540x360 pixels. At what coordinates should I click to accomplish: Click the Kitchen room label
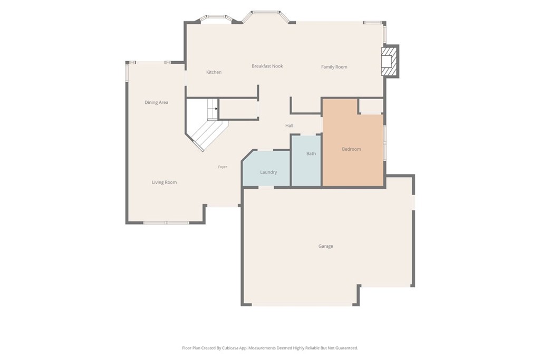pos(214,72)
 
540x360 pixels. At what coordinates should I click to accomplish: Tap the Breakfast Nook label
pos(267,66)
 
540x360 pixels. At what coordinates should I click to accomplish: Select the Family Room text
pos(334,67)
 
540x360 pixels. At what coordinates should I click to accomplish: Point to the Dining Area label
pos(156,102)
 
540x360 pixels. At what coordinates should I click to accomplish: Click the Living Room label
pos(165,182)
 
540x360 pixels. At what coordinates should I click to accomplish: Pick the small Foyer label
pos(223,167)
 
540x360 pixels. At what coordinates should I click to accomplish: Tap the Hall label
pos(290,125)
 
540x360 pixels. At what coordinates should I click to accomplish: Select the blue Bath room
pos(306,160)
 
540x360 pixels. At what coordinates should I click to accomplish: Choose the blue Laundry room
pos(266,169)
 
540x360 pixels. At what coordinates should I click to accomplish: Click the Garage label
pos(326,246)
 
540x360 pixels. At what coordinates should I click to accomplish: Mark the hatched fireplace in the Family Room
pos(390,61)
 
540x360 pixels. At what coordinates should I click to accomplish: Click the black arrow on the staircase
pos(216,109)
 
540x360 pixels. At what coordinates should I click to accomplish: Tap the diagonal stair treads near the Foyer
pos(209,135)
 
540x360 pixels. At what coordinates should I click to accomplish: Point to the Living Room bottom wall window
pos(166,222)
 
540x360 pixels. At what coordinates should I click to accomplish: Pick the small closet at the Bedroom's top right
pos(371,106)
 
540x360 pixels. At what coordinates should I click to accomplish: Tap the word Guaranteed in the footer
pos(348,348)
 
